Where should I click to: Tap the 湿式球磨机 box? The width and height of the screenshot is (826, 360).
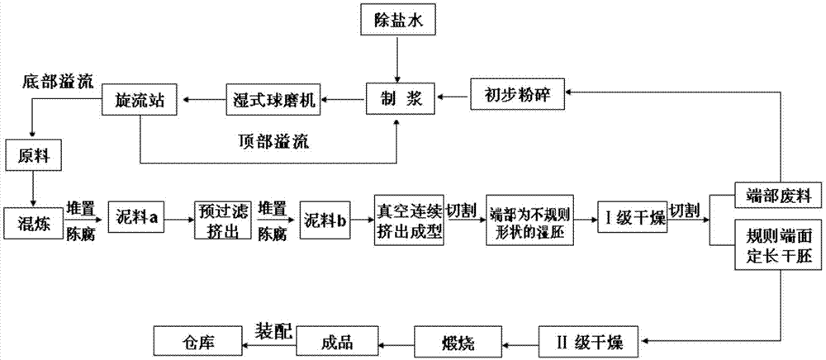[274, 98]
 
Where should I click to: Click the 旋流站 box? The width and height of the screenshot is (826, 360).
[140, 98]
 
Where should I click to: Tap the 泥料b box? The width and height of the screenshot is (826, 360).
[323, 220]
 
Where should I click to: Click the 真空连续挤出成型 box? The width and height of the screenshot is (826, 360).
[411, 220]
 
